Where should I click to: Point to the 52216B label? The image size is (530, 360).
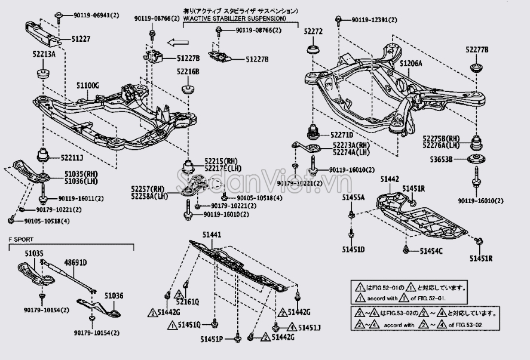pyautogui.click(x=188, y=72)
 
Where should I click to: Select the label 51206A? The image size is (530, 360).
pyautogui.click(x=411, y=63)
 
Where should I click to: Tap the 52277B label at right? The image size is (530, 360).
pyautogui.click(x=478, y=50)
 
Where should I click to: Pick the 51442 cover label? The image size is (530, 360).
pyautogui.click(x=390, y=179)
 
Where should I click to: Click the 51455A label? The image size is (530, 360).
pyautogui.click(x=353, y=196)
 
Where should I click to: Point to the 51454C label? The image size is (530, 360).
pyautogui.click(x=431, y=251)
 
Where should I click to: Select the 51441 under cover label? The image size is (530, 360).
pyautogui.click(x=212, y=235)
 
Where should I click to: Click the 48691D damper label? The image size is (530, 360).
pyautogui.click(x=75, y=262)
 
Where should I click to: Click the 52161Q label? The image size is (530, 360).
pyautogui.click(x=188, y=302)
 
